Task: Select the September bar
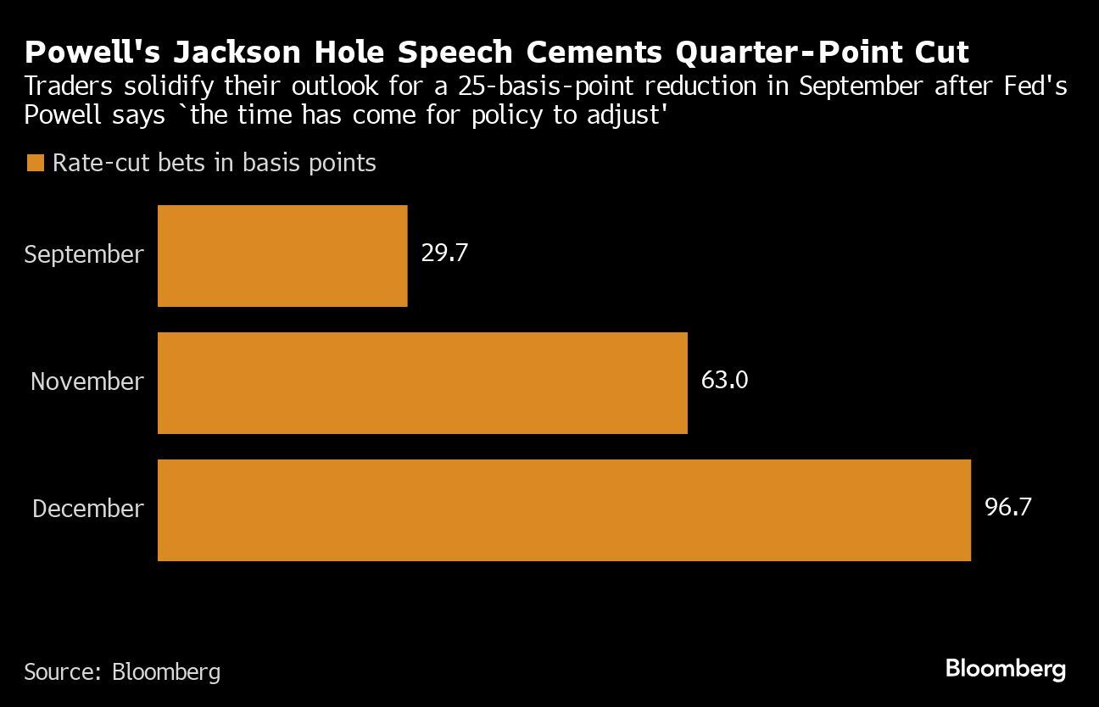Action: coord(282,255)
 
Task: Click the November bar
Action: coord(422,382)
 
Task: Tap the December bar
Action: coord(564,509)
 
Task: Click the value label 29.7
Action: coord(444,253)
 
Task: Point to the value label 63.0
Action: coord(724,380)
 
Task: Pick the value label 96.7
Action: coord(1007,507)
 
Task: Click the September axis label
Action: coord(84,254)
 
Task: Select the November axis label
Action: coord(87,381)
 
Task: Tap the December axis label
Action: coord(88,509)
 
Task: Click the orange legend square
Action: coord(35,164)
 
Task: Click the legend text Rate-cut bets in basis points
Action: coord(214,163)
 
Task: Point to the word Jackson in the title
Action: coord(247,53)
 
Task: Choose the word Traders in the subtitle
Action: coord(66,86)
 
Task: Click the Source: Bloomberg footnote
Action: coord(122,672)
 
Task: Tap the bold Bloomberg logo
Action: coord(1005,669)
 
